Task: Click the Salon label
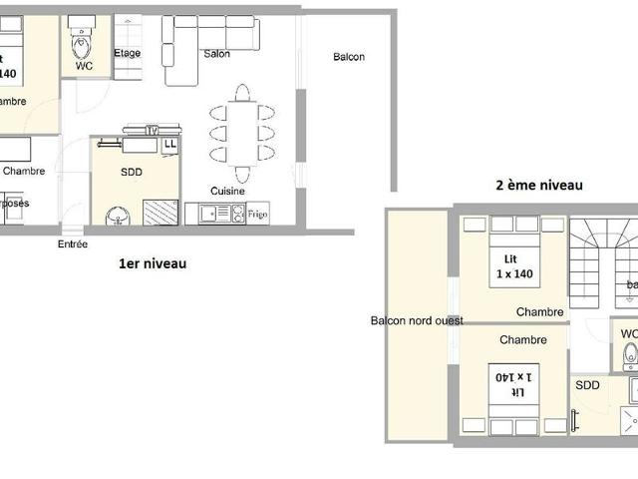tap(217, 55)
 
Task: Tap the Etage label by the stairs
tap(127, 54)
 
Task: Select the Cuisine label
tap(228, 191)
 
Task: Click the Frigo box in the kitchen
tap(258, 214)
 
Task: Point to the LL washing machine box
tap(170, 145)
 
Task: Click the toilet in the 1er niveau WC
tap(83, 44)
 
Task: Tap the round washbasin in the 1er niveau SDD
tap(117, 215)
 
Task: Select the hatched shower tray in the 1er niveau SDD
tap(160, 213)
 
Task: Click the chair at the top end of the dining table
tap(242, 93)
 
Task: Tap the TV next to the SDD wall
tap(152, 129)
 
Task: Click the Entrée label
tap(73, 243)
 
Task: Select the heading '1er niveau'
tap(153, 264)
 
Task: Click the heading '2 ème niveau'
tap(539, 185)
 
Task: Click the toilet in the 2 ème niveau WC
tap(629, 354)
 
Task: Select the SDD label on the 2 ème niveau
tap(588, 384)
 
